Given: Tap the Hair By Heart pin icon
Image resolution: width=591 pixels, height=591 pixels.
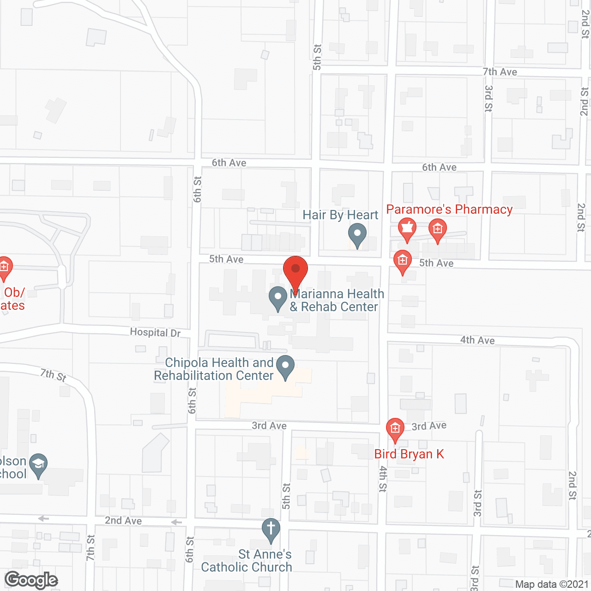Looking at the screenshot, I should coord(357,234).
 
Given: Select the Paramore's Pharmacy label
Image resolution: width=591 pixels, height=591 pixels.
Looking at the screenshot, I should coord(449,209).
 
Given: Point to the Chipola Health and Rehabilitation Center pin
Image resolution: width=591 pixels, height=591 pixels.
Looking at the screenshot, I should coord(285,367).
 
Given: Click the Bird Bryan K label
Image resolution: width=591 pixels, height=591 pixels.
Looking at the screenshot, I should coord(409,454).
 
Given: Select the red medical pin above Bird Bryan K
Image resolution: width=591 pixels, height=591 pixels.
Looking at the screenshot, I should coord(395,429).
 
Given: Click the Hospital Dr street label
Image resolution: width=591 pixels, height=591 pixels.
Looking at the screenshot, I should coord(155,332).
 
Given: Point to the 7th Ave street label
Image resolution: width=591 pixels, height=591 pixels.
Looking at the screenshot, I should coord(500,72).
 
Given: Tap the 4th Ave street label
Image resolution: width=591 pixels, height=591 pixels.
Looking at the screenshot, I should coord(477,340).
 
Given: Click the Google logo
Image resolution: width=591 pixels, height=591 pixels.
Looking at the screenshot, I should coord(31,580).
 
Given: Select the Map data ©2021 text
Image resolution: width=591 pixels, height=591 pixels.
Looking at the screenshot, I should coord(552,584).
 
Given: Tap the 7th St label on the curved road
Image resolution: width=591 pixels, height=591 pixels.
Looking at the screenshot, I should coord(53,374).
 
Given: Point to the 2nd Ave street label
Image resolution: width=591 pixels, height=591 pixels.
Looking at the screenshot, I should coord(123,520).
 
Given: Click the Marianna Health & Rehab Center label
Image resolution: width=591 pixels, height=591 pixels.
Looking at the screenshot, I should coord(337,300).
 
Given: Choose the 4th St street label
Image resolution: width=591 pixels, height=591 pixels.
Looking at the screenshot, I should coord(383,479).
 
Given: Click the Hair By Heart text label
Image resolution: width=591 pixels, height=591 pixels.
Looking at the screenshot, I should coord(340,215).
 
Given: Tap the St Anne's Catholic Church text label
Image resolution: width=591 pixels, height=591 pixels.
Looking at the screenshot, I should coord(247,561).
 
